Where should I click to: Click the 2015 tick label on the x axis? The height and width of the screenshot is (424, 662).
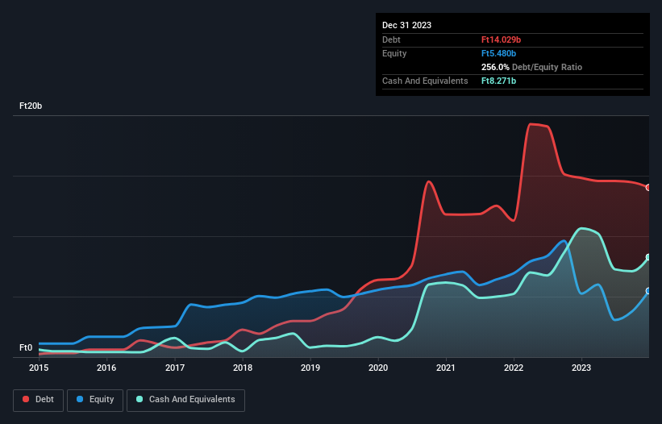point(39,368)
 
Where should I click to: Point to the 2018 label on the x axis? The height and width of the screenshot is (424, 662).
point(243,368)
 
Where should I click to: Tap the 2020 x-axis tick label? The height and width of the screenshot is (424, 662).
point(379,368)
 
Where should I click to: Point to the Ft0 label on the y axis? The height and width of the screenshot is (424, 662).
point(26,348)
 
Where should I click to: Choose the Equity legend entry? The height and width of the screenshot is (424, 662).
point(95,399)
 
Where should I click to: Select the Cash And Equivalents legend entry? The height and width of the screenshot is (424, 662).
point(185,399)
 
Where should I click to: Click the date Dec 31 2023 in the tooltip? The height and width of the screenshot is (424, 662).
point(407,25)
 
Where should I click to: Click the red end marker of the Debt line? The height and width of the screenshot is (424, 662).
point(648,187)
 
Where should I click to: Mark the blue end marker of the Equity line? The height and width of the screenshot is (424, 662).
point(648,291)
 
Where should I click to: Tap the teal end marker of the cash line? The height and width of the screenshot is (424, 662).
point(648,257)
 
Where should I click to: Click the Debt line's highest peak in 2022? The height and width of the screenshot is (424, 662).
point(531,124)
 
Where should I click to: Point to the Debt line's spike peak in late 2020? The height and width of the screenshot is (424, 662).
point(429,181)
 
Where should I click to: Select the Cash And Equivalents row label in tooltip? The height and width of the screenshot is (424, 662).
point(425,81)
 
